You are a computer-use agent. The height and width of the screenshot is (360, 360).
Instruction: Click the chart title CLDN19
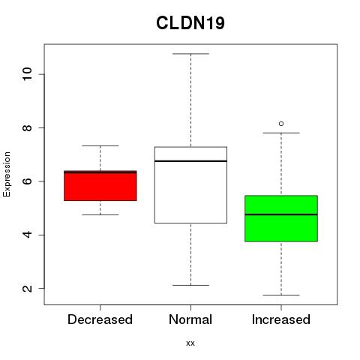coord(190,23)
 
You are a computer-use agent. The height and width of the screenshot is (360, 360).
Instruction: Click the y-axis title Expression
coord(7,174)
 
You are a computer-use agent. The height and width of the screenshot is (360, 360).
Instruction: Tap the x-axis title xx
coord(190,343)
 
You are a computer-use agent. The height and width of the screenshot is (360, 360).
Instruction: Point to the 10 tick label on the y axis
coord(27,74)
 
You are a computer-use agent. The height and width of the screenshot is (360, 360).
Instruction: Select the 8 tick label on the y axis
coord(27,127)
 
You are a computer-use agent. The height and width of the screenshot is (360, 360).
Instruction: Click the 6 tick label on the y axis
coord(27,181)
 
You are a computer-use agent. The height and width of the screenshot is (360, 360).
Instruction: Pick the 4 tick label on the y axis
coord(27,235)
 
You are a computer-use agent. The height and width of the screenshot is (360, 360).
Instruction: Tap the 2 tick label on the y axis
coord(27,288)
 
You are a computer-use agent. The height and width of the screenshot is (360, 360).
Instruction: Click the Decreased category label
coord(100,319)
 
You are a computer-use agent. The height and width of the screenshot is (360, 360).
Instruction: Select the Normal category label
coord(190,319)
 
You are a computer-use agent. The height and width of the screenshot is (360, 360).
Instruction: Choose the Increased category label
coord(281,319)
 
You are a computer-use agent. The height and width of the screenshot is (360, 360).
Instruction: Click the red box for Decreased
coord(100,186)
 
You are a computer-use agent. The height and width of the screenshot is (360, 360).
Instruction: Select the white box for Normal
coord(190,185)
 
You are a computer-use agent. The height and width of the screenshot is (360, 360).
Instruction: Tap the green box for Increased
coord(281,218)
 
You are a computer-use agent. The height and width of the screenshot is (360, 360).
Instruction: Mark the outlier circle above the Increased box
coord(281,124)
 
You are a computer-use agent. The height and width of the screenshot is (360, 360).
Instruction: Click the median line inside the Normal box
coord(190,161)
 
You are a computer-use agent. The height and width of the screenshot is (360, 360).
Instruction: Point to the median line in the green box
coord(281,214)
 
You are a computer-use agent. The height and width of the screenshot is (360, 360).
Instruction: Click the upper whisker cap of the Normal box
coord(190,54)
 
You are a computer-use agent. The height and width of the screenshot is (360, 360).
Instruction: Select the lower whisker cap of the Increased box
coord(281,295)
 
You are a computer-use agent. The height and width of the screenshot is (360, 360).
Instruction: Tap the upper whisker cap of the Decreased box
coord(100,145)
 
